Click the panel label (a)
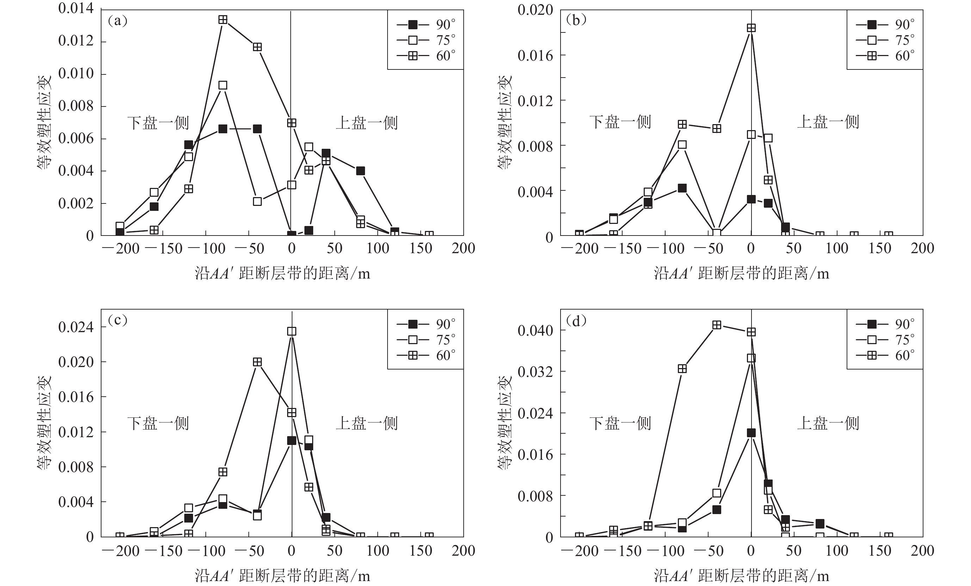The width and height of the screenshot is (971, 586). (x=117, y=21)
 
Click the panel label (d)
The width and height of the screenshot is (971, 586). (x=576, y=321)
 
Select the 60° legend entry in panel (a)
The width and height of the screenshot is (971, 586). (x=426, y=56)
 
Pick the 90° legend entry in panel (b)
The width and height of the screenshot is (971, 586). (x=885, y=25)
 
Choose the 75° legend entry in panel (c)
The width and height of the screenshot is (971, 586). (x=426, y=340)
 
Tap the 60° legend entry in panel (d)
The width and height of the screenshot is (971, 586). (x=885, y=355)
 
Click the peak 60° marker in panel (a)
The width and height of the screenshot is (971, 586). (x=223, y=20)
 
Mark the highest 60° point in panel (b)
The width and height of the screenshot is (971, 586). (x=751, y=28)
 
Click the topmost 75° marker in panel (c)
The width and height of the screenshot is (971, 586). (x=292, y=331)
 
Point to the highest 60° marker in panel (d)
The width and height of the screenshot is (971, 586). (x=717, y=325)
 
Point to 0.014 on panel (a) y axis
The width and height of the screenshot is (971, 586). (x=76, y=9)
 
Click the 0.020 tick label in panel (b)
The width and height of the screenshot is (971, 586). (x=535, y=10)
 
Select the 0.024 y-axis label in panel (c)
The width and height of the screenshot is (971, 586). (x=76, y=327)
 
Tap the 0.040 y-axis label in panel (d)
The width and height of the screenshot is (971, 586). (x=535, y=330)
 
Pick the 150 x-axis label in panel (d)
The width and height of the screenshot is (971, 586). (x=880, y=551)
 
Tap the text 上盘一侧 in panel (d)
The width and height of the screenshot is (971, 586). (x=828, y=423)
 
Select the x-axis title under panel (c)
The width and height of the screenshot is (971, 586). (x=282, y=576)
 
